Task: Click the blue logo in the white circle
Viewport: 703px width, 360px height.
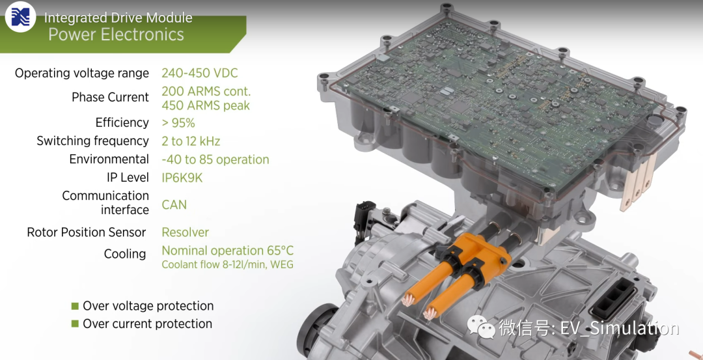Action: click(21, 17)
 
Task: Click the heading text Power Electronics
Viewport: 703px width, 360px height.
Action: click(116, 35)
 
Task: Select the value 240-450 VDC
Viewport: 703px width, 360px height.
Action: click(200, 73)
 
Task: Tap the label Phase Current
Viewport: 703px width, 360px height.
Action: click(110, 97)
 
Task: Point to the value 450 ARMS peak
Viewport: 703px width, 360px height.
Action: click(206, 105)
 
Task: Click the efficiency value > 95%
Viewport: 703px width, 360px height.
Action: click(178, 123)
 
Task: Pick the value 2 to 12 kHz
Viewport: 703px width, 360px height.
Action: click(191, 141)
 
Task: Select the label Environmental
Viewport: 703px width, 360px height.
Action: click(109, 159)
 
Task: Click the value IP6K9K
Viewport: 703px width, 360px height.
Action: click(182, 178)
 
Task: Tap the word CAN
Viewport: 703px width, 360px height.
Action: click(174, 205)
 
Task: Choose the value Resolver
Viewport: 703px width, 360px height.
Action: click(185, 232)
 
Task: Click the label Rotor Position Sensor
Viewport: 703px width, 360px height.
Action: click(87, 232)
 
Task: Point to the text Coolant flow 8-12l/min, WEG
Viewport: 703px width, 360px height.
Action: click(228, 264)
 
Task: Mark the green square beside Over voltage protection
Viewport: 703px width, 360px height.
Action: click(75, 306)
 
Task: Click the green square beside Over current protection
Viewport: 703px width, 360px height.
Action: click(75, 324)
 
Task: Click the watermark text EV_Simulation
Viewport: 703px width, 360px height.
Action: click(620, 329)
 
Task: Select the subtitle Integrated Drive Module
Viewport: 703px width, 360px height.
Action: click(118, 18)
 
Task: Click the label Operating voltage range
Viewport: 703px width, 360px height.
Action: click(82, 73)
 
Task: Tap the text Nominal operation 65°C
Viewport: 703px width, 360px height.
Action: click(228, 250)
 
